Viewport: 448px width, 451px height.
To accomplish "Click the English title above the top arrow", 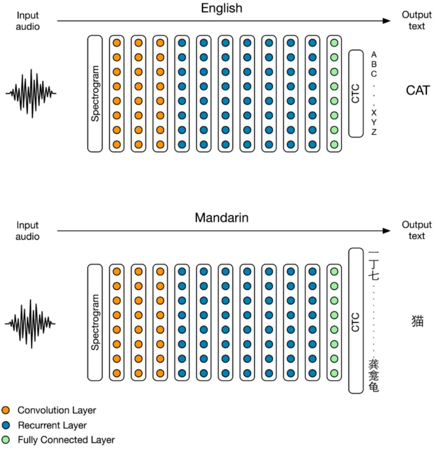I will (x=222, y=8).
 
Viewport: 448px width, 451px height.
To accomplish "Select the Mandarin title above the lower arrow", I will (x=222, y=217).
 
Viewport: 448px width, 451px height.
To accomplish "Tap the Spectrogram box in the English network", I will (x=95, y=93).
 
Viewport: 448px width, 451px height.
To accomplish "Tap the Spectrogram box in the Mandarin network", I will (x=95, y=322).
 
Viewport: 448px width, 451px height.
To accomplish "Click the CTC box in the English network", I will (x=356, y=93).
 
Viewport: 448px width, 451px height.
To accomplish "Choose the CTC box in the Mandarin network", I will (x=356, y=321).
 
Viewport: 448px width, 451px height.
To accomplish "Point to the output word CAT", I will (x=418, y=91).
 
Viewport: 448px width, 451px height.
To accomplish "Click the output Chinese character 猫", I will (x=418, y=321).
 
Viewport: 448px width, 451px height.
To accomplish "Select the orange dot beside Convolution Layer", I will (x=6, y=410).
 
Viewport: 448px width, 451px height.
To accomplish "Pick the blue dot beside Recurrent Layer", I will (x=6, y=425).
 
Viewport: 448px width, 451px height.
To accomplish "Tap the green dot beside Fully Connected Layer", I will (x=6, y=440).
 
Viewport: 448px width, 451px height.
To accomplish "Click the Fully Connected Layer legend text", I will (x=66, y=440).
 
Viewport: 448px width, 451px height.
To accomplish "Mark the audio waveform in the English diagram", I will (x=31, y=93).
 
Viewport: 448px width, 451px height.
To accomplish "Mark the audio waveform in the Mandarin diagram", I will (x=31, y=323).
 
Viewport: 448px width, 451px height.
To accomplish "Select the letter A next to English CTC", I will (x=374, y=54).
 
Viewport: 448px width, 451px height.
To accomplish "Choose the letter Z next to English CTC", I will (x=374, y=132).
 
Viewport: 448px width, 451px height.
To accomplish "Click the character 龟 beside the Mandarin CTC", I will (x=374, y=387).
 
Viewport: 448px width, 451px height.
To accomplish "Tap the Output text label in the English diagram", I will (x=416, y=21).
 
